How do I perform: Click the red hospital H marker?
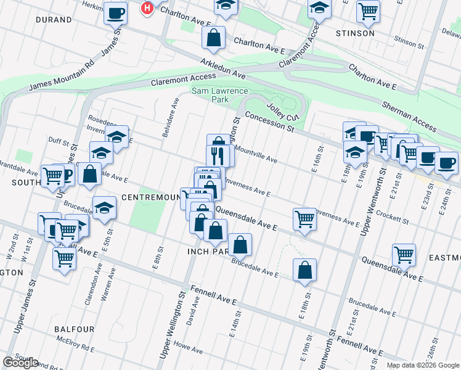pos(147,8)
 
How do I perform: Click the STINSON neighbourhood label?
pos(354,33)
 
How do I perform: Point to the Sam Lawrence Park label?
pos(211,94)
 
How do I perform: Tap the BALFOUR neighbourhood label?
pos(73,329)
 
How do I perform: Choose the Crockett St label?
pos(392,218)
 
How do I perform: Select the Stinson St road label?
pos(406,42)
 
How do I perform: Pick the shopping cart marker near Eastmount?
pos(404,254)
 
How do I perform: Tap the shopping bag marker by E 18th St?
pos(305,269)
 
